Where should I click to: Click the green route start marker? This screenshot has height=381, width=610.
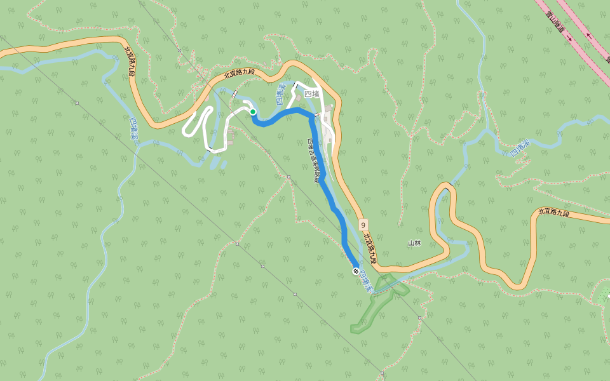coord(253,112)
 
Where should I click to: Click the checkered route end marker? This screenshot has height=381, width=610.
coord(356,272)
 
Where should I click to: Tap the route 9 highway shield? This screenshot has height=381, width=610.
coord(362,225)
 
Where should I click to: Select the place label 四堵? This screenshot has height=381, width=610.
coord(311,93)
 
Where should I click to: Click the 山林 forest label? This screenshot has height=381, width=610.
coord(414,243)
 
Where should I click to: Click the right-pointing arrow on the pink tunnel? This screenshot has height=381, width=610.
coord(569,39)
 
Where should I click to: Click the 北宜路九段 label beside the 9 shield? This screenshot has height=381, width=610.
coord(371,248)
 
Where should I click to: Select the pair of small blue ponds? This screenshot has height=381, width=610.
coord(217,163)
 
